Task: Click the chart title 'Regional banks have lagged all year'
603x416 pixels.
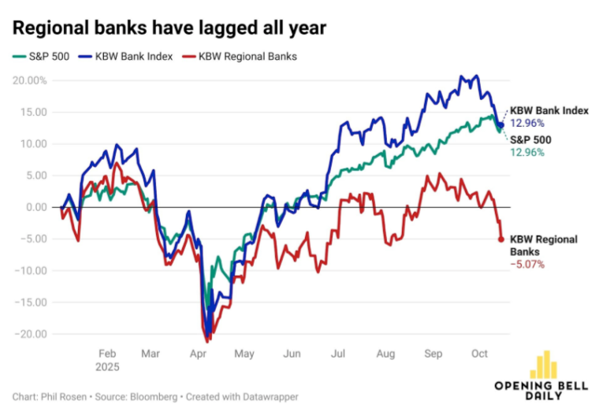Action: pyautogui.click(x=169, y=28)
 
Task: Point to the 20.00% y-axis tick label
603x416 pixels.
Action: pyautogui.click(x=29, y=80)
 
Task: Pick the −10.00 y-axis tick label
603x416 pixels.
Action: pyautogui.click(x=32, y=270)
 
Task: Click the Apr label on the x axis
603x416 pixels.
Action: pyautogui.click(x=198, y=354)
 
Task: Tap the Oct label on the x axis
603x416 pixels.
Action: pyautogui.click(x=478, y=354)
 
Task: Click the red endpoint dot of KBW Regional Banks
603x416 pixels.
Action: pyautogui.click(x=501, y=240)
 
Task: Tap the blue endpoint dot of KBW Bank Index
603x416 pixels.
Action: pyautogui.click(x=501, y=125)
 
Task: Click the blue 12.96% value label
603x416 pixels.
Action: pyautogui.click(x=527, y=123)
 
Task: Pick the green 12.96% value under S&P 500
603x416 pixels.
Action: pyautogui.click(x=527, y=152)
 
